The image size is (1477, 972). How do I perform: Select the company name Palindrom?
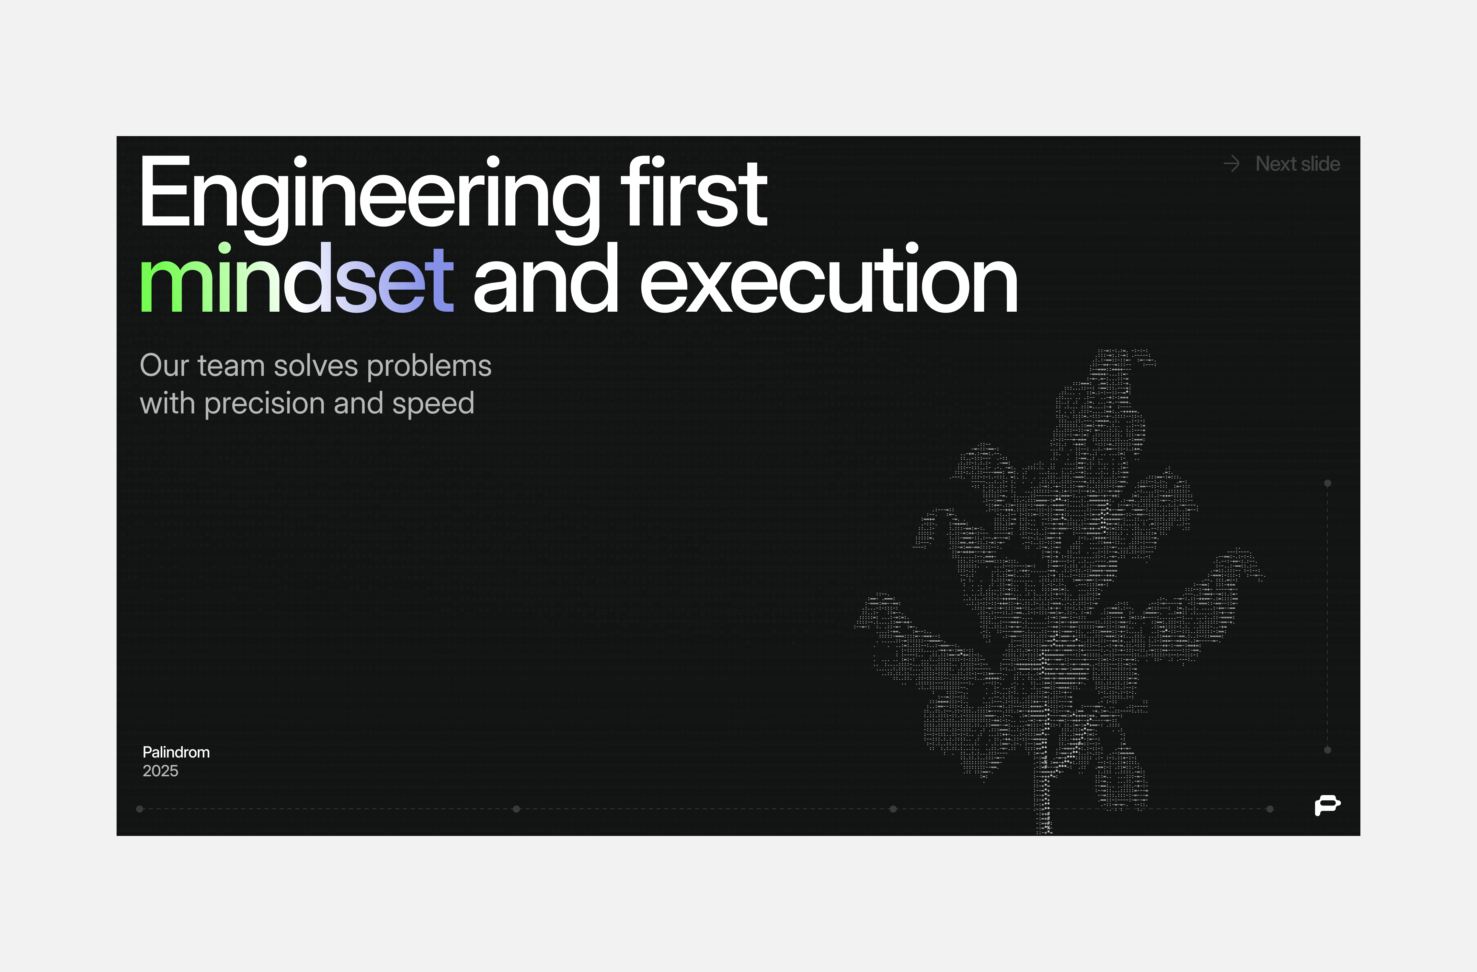176,752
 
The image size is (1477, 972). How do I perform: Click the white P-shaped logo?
1327,805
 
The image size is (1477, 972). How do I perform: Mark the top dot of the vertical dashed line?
1327,483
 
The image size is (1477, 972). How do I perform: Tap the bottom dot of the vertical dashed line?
1327,750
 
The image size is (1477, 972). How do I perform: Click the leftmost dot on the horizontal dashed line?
140,809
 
